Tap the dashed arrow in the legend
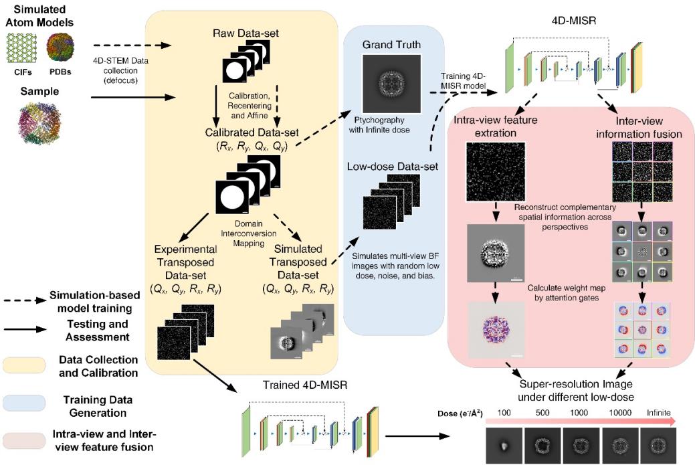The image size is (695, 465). point(23,299)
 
